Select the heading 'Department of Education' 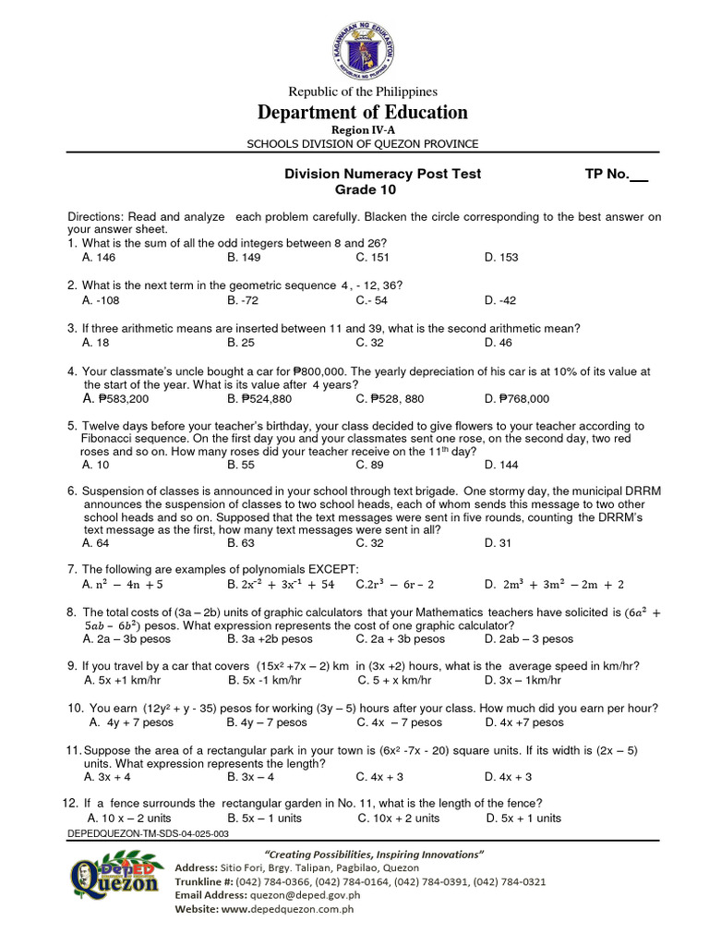363,113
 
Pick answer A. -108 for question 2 101,300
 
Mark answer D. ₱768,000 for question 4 516,399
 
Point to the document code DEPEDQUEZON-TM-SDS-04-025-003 149,833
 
